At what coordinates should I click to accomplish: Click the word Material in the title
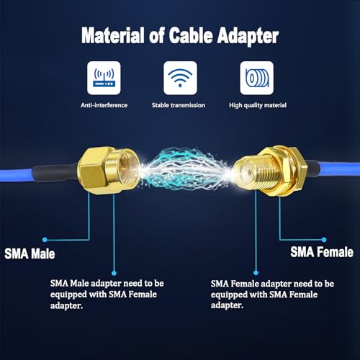click(x=113, y=35)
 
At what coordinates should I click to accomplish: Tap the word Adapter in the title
click(x=248, y=36)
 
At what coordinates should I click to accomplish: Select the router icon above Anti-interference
click(x=104, y=78)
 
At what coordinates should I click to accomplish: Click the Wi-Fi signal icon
click(x=180, y=78)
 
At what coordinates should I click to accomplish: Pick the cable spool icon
click(x=257, y=78)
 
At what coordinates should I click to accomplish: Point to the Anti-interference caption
click(x=104, y=105)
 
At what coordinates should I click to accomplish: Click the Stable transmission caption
click(x=179, y=105)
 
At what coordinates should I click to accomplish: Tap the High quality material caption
click(x=258, y=105)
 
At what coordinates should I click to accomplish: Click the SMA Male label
click(x=30, y=253)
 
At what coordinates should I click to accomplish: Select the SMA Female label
click(x=322, y=252)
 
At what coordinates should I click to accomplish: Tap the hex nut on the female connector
click(x=293, y=171)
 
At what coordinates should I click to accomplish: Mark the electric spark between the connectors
click(x=186, y=170)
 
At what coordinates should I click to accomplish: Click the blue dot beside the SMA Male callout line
click(x=45, y=240)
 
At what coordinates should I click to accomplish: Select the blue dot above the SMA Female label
click(x=324, y=240)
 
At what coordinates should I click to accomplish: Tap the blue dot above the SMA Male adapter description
click(x=114, y=273)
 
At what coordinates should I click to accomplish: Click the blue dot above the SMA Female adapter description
click(x=256, y=273)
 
